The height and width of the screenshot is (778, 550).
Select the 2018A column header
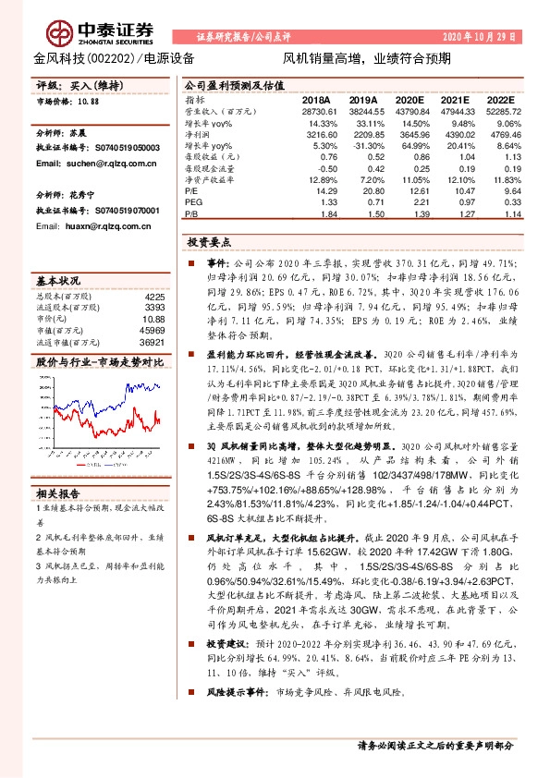[x=316, y=99]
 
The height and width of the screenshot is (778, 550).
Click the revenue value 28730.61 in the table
[x=316, y=110]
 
